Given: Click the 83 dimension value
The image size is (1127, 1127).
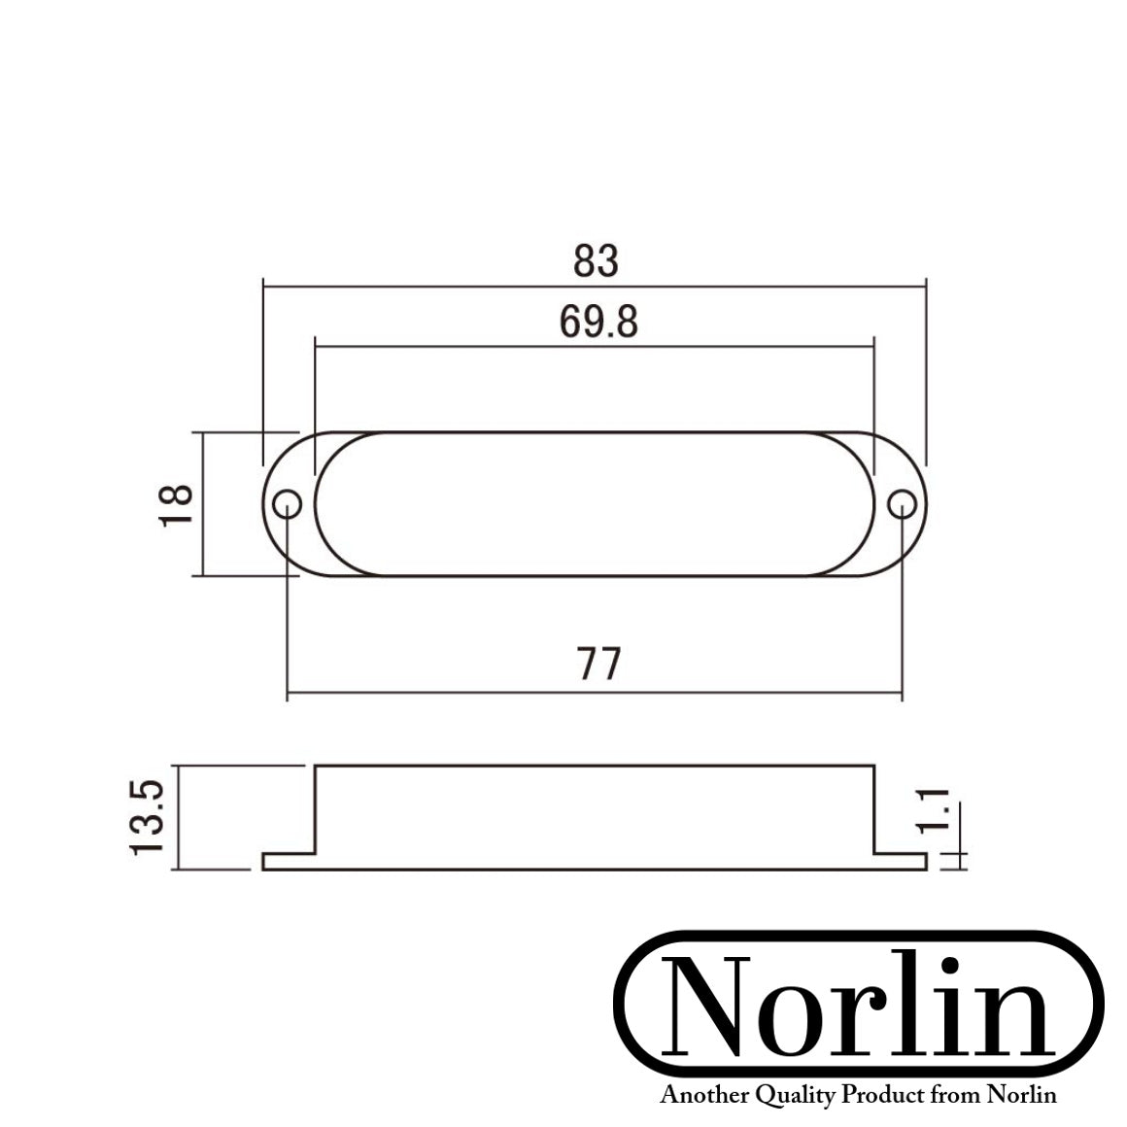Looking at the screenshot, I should pyautogui.click(x=596, y=262).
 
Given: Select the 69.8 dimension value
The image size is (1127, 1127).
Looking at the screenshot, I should pyautogui.click(x=598, y=322).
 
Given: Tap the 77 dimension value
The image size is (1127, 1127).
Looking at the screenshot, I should pyautogui.click(x=598, y=665).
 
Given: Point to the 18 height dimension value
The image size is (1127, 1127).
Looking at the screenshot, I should pyautogui.click(x=177, y=505).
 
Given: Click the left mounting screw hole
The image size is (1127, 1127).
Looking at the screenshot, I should pyautogui.click(x=287, y=504).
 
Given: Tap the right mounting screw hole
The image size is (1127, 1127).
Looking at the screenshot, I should pyautogui.click(x=902, y=504).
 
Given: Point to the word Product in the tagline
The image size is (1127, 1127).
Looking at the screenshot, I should pyautogui.click(x=882, y=1096).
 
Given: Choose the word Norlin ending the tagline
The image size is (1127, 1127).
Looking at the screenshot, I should pyautogui.click(x=1021, y=1096).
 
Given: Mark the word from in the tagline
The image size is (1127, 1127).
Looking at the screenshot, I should pyautogui.click(x=954, y=1096).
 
